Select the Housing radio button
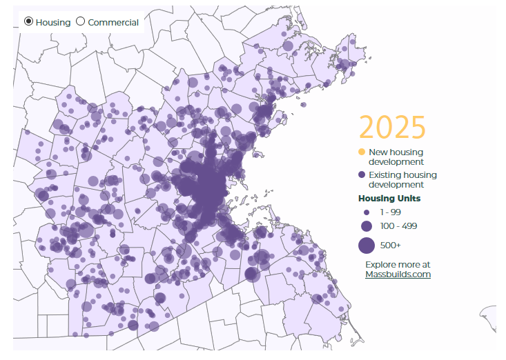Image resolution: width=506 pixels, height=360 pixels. click(x=28, y=21)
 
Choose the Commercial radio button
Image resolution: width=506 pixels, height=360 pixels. click(x=80, y=21)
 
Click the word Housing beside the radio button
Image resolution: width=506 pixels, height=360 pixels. click(x=53, y=22)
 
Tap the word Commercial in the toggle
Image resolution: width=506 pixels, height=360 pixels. click(x=113, y=22)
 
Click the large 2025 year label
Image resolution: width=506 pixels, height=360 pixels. click(x=391, y=128)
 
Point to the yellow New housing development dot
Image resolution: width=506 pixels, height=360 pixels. click(x=362, y=152)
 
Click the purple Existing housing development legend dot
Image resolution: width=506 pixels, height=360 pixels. click(x=362, y=175)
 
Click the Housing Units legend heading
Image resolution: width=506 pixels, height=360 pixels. click(x=389, y=199)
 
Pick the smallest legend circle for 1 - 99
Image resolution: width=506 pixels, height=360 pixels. click(x=367, y=212)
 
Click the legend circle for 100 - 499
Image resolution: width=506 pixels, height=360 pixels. click(x=366, y=226)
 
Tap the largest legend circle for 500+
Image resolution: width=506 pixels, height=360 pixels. click(x=366, y=245)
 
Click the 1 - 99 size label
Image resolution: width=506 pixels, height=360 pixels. click(x=391, y=212)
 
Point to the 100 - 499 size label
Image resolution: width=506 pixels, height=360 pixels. click(x=398, y=226)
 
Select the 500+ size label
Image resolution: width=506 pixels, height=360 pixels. click(x=390, y=245)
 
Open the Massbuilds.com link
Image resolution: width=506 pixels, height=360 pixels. click(x=398, y=274)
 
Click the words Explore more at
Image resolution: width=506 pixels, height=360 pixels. click(x=398, y=264)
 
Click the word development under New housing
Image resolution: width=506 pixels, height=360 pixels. click(x=396, y=161)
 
